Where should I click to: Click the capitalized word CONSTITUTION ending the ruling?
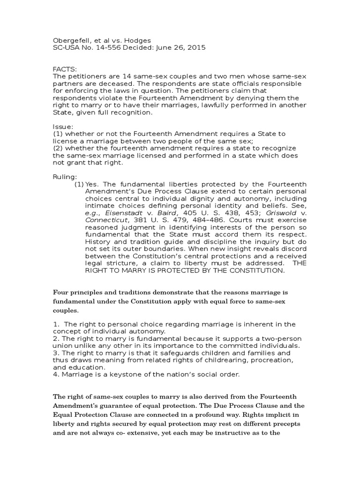click(x=255, y=270)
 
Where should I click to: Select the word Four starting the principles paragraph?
click(x=62, y=293)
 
